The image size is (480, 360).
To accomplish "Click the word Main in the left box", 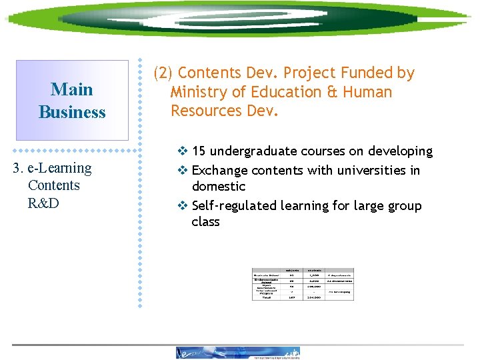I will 72,89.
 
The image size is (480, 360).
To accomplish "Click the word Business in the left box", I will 72,112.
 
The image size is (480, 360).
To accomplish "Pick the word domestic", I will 218,187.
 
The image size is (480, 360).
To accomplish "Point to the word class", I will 205,222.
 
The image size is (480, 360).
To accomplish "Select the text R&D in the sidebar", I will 43,203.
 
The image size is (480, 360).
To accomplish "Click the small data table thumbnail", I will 303,284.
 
